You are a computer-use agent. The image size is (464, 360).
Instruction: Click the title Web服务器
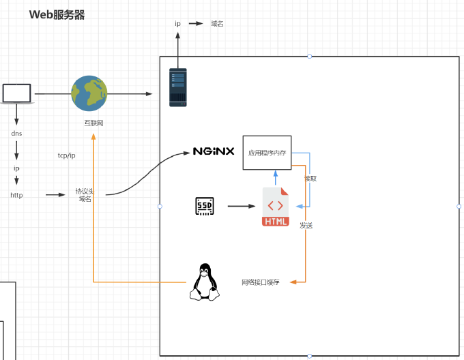pyautogui.click(x=57, y=15)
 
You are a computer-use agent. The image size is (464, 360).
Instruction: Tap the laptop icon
pyautogui.click(x=17, y=93)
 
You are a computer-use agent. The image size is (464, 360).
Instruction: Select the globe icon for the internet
pyautogui.click(x=89, y=93)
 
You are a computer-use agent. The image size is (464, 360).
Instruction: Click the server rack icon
pyautogui.click(x=178, y=87)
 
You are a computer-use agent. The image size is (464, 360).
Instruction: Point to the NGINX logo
pyautogui.click(x=214, y=151)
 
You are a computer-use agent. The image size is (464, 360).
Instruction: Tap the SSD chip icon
pyautogui.click(x=205, y=206)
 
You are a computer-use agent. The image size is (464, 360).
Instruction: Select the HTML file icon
pyautogui.click(x=276, y=207)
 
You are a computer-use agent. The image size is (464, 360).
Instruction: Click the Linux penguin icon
pyautogui.click(x=205, y=282)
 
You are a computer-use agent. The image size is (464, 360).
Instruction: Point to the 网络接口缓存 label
pyautogui.click(x=261, y=282)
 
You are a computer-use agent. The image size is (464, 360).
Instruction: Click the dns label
pyautogui.click(x=16, y=134)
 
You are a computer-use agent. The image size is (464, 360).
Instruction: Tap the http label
pyautogui.click(x=16, y=195)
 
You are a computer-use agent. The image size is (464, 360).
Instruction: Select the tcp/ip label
pyautogui.click(x=67, y=155)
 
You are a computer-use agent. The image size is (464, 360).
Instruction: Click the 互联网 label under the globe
pyautogui.click(x=93, y=123)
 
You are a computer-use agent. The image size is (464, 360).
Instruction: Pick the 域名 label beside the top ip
pyautogui.click(x=217, y=24)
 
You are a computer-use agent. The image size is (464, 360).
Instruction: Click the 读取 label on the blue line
pyautogui.click(x=310, y=179)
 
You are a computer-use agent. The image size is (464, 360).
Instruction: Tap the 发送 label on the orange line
pyautogui.click(x=306, y=226)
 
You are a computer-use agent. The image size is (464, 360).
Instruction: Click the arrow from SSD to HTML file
pyautogui.click(x=242, y=206)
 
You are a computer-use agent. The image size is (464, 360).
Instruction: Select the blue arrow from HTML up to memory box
pyautogui.click(x=276, y=178)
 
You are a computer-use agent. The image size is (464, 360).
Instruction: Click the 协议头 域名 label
pyautogui.click(x=85, y=195)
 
